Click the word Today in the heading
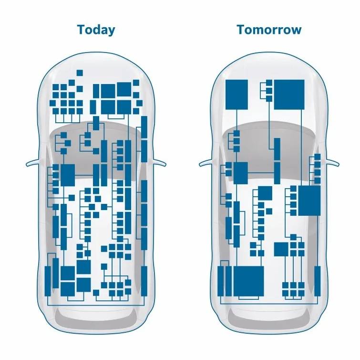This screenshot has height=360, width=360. [x=96, y=30]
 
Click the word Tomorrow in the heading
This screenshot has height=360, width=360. [x=269, y=30]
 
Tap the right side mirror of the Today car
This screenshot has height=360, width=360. [x=158, y=162]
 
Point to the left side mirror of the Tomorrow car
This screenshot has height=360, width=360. [x=206, y=162]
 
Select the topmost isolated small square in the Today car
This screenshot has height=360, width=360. [x=80, y=73]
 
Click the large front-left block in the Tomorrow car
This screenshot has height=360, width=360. [x=237, y=95]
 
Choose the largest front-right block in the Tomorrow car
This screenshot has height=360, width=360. [x=289, y=95]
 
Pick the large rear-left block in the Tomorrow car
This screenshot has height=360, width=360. [x=248, y=281]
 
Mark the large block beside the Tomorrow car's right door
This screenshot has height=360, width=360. [x=309, y=201]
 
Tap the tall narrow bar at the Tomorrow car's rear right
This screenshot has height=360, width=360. [x=317, y=281]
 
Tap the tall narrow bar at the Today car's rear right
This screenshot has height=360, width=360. [x=144, y=281]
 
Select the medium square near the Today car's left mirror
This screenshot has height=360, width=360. [x=68, y=175]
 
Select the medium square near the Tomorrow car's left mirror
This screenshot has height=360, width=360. [x=241, y=173]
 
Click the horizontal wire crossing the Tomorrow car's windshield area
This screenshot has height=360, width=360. [x=261, y=173]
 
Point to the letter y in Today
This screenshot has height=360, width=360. [x=112, y=32]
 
